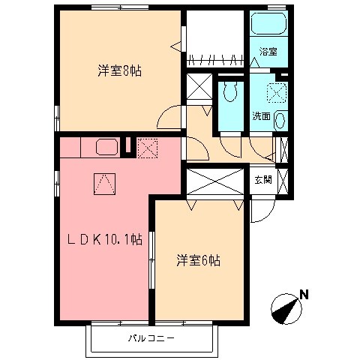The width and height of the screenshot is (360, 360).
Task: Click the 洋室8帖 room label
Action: click(119, 71)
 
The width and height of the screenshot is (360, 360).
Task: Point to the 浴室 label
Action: click(268, 52)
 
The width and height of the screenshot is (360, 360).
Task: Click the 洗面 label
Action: click(260, 116)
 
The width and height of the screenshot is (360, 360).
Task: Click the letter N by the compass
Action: click(304, 295)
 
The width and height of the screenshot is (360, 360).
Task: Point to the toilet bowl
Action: click(231, 93)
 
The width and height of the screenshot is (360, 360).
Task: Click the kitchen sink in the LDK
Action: click(106, 147)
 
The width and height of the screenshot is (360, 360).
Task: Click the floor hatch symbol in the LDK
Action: click(105, 184)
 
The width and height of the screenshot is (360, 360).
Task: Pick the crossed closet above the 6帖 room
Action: click(216, 183)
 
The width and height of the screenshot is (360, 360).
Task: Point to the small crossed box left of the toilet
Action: click(199, 88)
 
